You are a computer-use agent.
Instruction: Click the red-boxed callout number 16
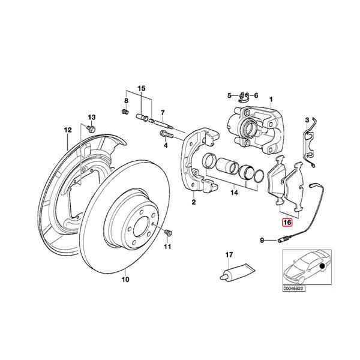(287, 221)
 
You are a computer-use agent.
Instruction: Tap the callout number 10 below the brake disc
(125, 279)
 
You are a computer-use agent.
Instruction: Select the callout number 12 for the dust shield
(68, 130)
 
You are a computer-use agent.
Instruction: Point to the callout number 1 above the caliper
(271, 99)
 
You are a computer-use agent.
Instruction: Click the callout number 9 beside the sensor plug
(262, 241)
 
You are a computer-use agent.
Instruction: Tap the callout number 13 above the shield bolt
(92, 116)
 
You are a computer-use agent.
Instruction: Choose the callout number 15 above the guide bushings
(142, 88)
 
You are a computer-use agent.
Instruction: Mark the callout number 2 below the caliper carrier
(193, 202)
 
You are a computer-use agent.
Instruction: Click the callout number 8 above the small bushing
(127, 100)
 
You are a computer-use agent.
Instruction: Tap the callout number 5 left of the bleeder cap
(229, 95)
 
